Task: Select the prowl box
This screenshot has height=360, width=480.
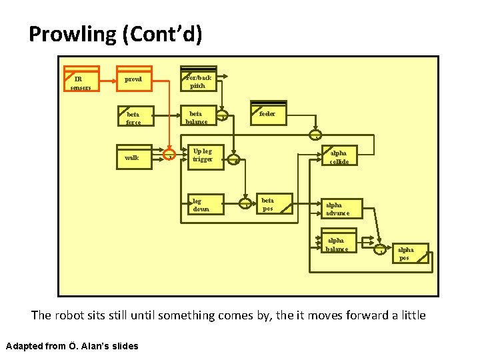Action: tap(133, 79)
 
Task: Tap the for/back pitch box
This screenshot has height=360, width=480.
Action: tap(199, 79)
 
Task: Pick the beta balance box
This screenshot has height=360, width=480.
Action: tap(198, 116)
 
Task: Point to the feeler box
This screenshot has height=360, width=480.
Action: tap(268, 113)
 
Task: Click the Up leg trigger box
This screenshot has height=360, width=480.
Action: tap(203, 155)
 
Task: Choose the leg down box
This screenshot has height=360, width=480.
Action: tap(203, 204)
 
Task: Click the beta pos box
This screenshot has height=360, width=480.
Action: tap(275, 204)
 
